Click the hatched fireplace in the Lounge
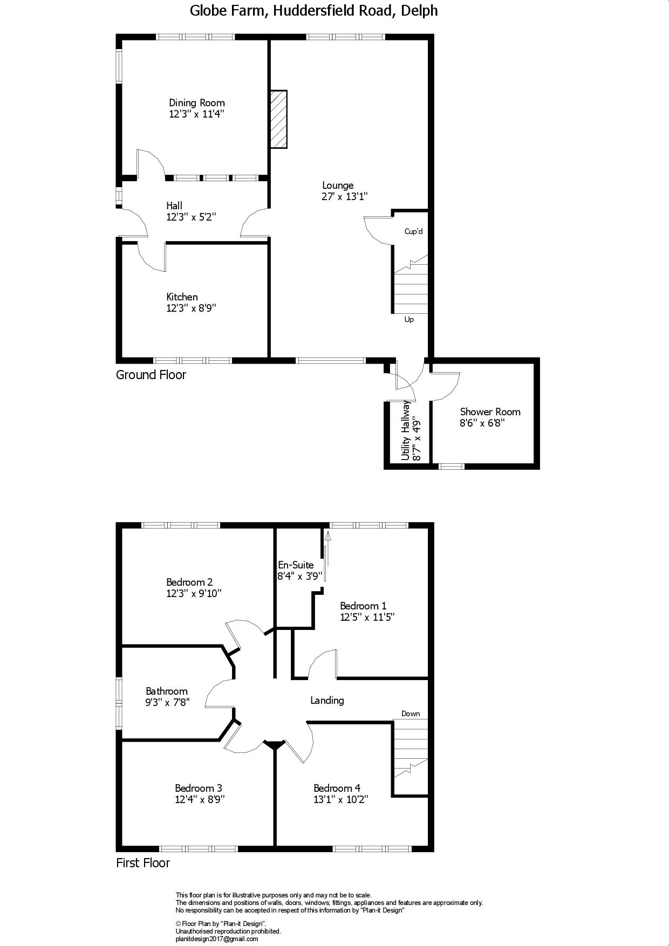point(279,119)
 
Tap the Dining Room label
point(197,103)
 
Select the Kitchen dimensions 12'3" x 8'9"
point(192,309)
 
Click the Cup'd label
point(414,232)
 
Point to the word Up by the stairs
point(409,320)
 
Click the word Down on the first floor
point(411,714)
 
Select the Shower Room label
point(490,412)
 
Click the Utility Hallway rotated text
point(406,430)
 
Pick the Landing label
point(327,701)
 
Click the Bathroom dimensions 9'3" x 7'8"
point(168,703)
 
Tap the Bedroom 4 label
point(337,789)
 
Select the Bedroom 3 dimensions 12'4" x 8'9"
point(200,799)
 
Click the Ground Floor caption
point(151,375)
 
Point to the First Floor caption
point(143,863)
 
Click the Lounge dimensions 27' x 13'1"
point(345,197)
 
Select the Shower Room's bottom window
point(452,466)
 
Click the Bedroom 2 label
point(189,582)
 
